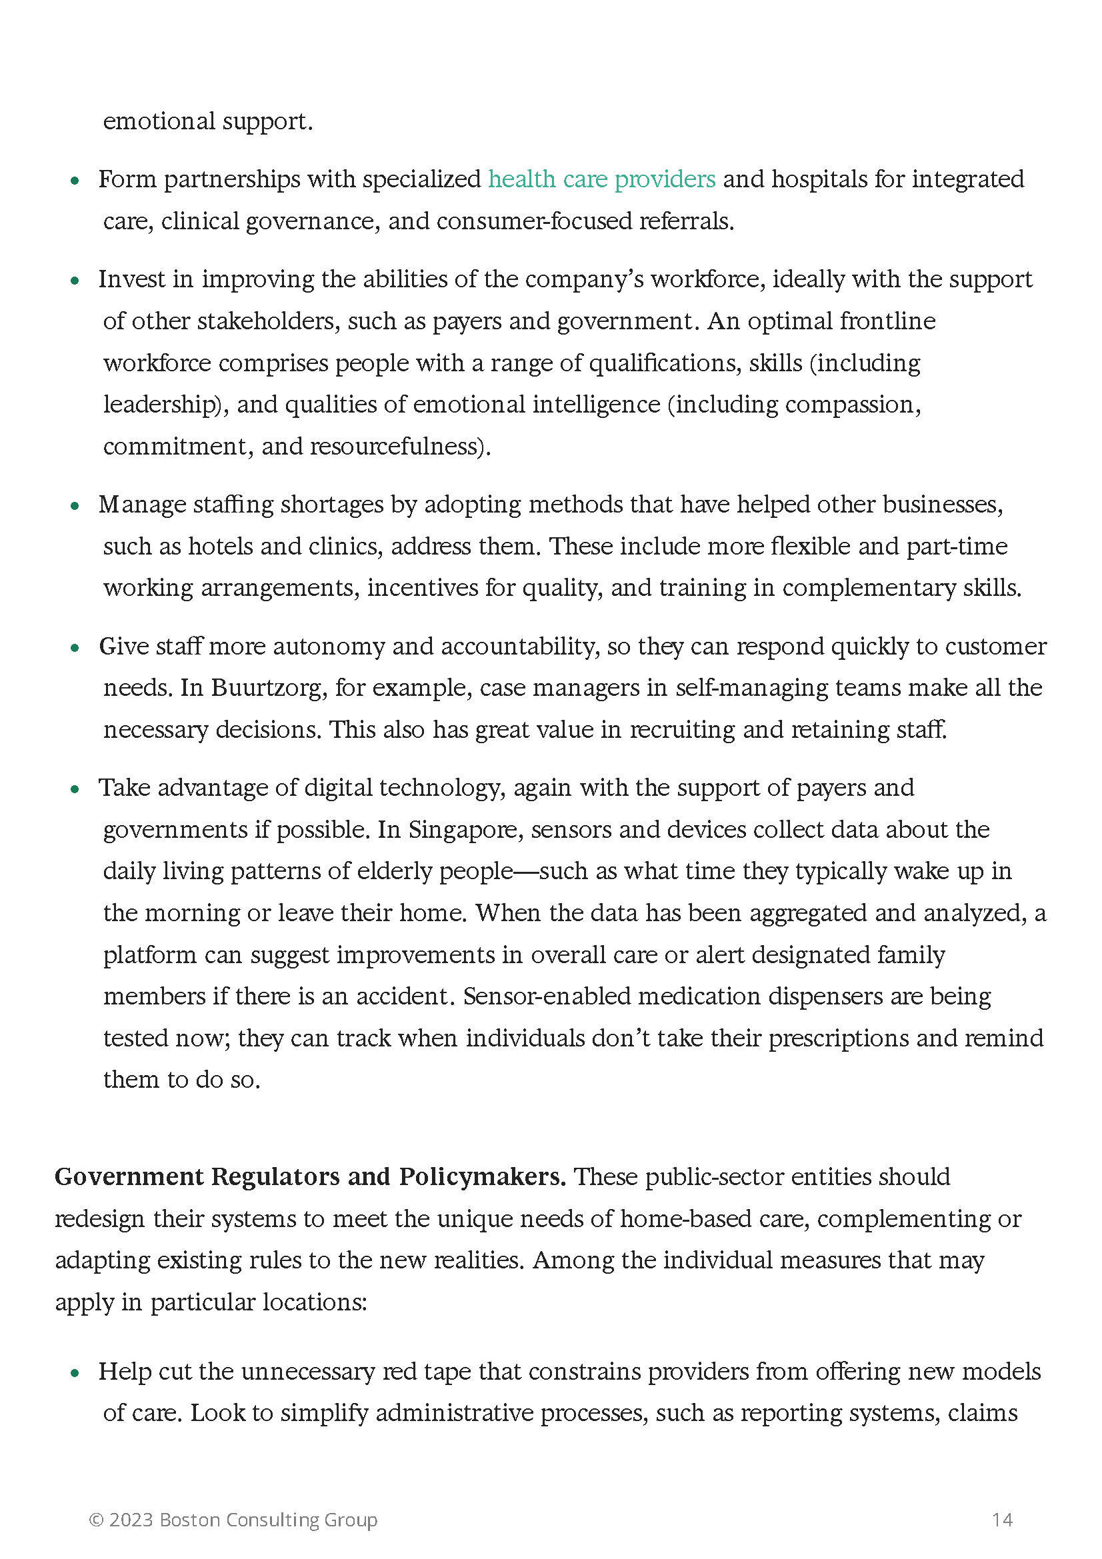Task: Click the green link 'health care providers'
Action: tap(601, 179)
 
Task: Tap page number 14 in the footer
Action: tap(1001, 1519)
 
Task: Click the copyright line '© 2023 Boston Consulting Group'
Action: tap(233, 1519)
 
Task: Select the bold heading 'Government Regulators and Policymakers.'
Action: tap(309, 1176)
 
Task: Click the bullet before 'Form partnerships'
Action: tap(75, 181)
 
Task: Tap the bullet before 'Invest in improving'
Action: tap(75, 281)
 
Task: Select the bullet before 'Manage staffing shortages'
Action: tap(75, 506)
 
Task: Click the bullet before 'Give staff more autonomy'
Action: tap(75, 648)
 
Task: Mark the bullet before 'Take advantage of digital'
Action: tap(75, 789)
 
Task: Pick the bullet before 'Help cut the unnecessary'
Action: tap(75, 1373)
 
